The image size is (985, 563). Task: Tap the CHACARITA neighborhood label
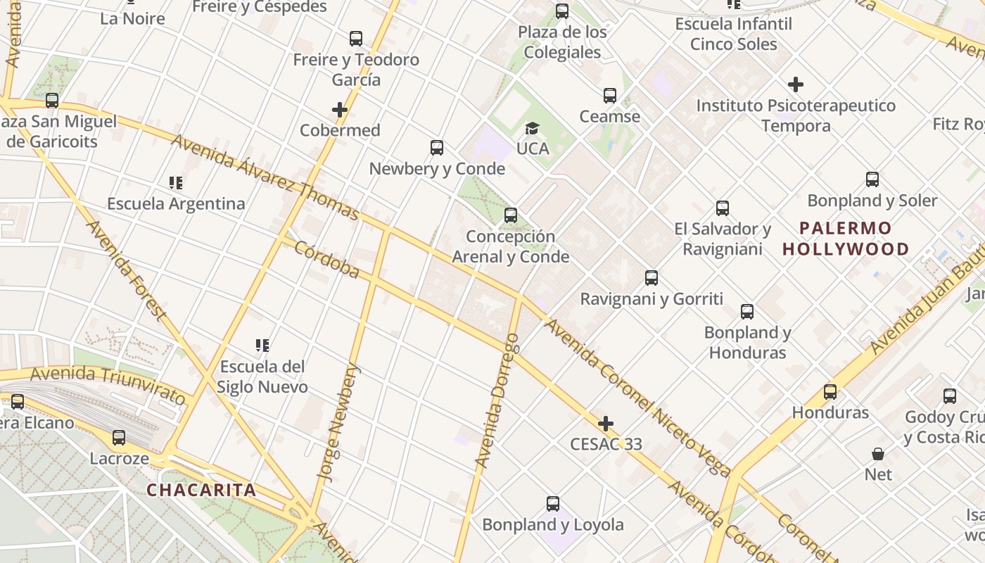coord(201,490)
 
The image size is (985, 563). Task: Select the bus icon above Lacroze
coord(119,438)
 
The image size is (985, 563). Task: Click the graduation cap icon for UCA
coord(532,128)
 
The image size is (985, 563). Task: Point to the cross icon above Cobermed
coord(340,110)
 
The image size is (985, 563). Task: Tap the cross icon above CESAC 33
coord(605,424)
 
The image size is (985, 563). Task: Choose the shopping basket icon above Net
coord(878,454)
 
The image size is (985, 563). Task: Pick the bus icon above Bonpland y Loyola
coord(553,504)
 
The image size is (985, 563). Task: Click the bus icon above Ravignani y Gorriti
coord(652,278)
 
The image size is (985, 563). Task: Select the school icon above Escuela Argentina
coord(176,183)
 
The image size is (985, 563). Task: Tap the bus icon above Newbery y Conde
coord(437,148)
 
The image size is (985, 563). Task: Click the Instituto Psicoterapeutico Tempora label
coord(796,115)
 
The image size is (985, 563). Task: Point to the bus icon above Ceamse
coord(610,96)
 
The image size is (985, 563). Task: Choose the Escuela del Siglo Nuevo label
coord(262,377)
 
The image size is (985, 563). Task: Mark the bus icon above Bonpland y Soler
coord(872,179)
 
